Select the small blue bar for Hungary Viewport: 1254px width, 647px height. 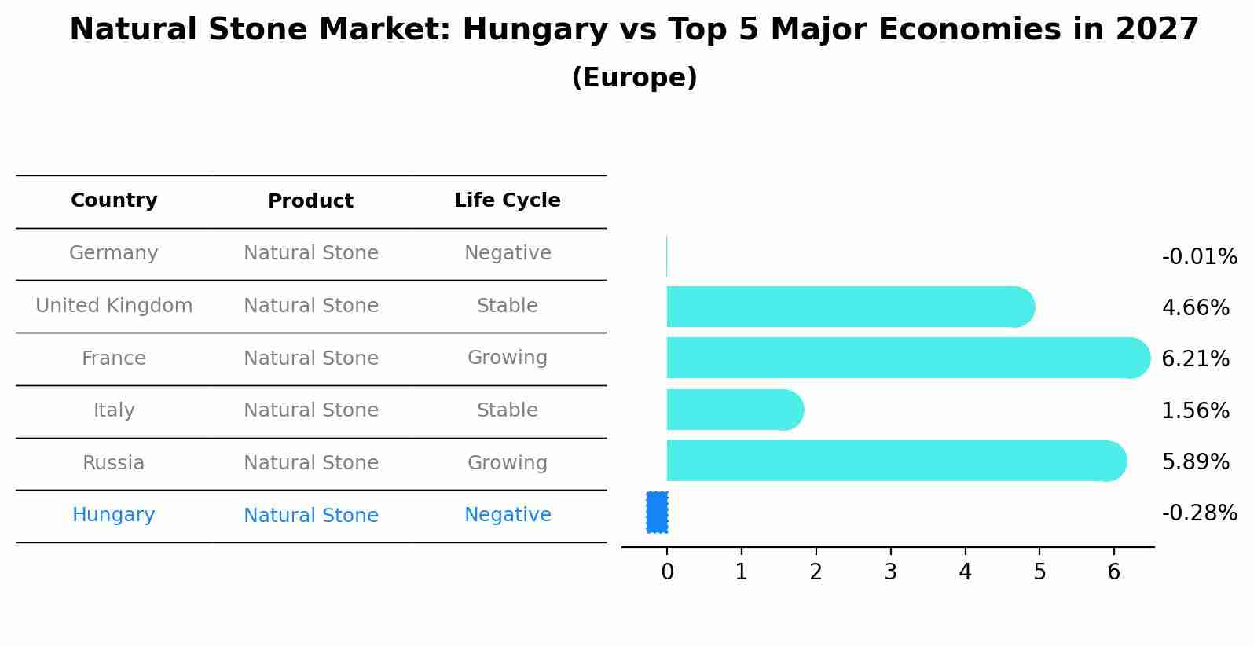[x=657, y=513]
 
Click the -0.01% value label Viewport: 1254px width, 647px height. [x=1199, y=257]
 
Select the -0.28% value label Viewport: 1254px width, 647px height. [x=1199, y=513]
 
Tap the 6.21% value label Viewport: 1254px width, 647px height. [x=1195, y=359]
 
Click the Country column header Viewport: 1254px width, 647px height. [x=114, y=200]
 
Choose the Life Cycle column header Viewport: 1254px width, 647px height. [x=508, y=200]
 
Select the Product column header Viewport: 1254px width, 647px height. [x=310, y=201]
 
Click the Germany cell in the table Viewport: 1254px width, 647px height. [x=114, y=253]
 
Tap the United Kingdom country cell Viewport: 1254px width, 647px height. [x=114, y=306]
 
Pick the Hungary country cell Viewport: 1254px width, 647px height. [x=114, y=515]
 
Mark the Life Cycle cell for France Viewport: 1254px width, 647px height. [x=508, y=358]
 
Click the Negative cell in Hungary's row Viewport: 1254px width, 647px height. [x=508, y=515]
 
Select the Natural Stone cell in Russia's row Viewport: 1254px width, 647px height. [x=310, y=463]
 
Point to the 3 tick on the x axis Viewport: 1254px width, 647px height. [x=890, y=572]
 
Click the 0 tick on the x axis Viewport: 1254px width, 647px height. [x=667, y=572]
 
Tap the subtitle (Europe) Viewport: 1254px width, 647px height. [x=634, y=78]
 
